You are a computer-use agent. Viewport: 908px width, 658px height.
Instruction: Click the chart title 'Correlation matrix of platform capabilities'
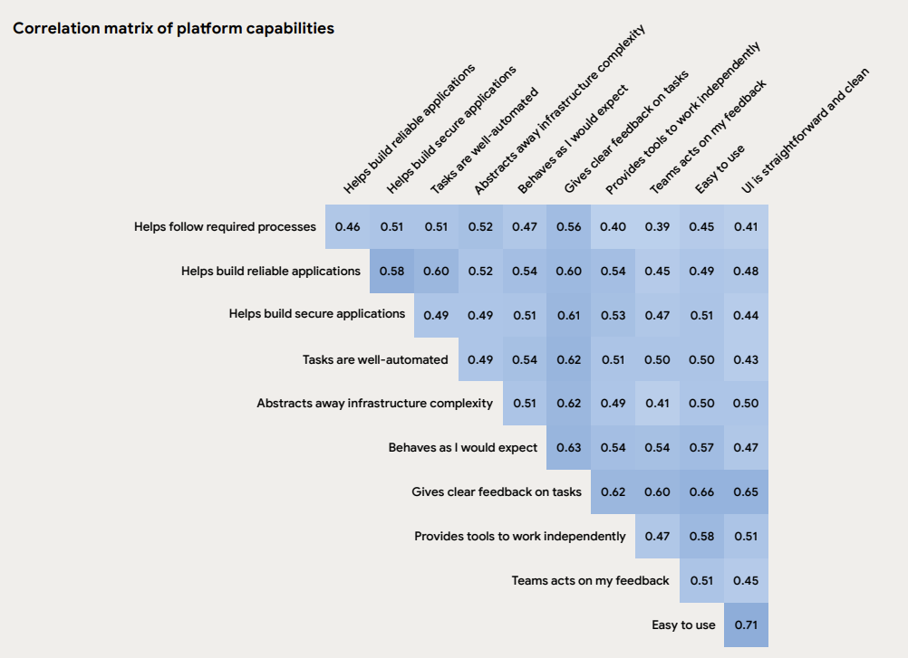(173, 28)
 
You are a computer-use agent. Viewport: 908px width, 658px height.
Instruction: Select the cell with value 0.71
(746, 625)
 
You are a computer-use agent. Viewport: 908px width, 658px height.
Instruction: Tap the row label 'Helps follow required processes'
(225, 226)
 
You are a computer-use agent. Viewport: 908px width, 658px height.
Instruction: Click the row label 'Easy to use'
(683, 625)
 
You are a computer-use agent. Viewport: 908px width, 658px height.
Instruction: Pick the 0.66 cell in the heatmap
(701, 492)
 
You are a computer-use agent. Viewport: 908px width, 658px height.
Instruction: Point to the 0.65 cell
(746, 492)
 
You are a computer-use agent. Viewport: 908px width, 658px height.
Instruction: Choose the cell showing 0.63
(568, 448)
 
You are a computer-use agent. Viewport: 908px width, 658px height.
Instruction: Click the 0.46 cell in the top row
(347, 226)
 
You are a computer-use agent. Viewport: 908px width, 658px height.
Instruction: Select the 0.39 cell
(657, 226)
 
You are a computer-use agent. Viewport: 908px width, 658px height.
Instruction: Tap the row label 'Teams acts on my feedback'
(590, 581)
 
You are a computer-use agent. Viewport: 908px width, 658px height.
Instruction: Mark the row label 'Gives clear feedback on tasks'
(497, 492)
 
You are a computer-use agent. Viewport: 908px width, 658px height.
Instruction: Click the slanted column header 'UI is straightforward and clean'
(805, 131)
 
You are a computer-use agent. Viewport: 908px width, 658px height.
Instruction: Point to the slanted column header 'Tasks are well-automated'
(484, 141)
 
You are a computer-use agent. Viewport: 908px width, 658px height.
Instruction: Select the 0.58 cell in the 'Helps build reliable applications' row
(391, 271)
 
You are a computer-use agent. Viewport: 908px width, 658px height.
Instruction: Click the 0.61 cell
(568, 315)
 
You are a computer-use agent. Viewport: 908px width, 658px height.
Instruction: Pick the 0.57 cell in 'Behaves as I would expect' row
(701, 448)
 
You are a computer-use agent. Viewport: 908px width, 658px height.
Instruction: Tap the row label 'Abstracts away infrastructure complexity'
(374, 404)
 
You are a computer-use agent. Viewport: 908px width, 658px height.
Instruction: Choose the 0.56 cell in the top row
(568, 226)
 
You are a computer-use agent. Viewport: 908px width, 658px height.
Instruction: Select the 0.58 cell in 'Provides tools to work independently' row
(701, 537)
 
